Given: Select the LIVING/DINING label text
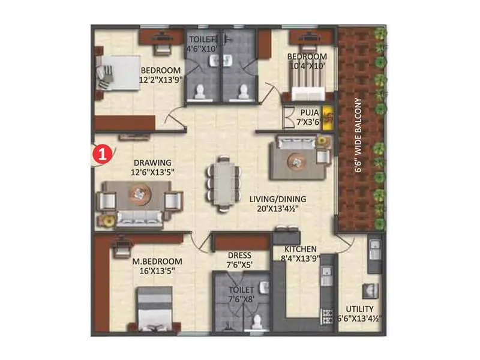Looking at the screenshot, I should tap(278, 199).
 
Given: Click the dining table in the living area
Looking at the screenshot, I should tap(223, 184).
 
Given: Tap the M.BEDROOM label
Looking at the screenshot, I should tap(157, 262).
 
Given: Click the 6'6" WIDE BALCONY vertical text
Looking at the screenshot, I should tap(358, 136).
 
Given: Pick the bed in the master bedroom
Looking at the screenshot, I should tap(156, 307).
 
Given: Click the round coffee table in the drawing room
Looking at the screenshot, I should tap(139, 193).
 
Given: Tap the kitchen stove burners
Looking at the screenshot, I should tap(328, 314).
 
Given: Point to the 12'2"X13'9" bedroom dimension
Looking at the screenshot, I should tap(160, 79).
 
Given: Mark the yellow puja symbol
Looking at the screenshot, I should tap(328, 118).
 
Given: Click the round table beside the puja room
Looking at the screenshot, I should tap(297, 161).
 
